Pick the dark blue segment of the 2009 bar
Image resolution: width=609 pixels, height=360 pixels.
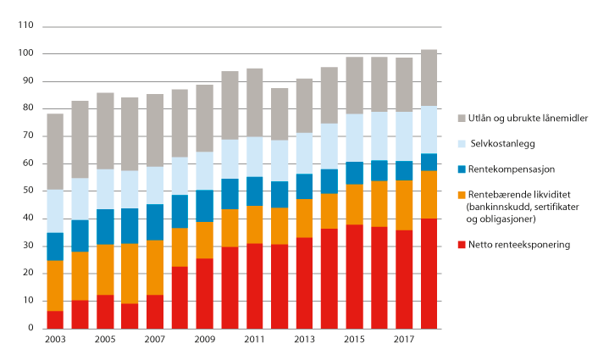point(205,206)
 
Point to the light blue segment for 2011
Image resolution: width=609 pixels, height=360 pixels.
point(255,157)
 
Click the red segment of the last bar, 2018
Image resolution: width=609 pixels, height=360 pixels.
point(429,274)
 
